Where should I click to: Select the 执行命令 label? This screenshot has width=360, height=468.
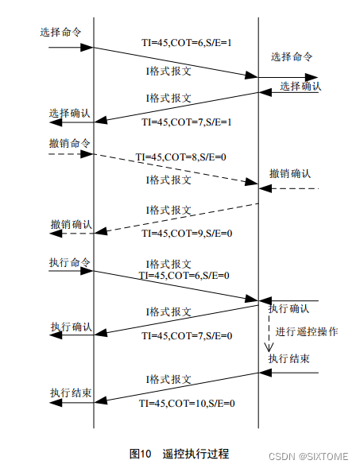70,261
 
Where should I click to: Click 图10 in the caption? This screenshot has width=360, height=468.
140,454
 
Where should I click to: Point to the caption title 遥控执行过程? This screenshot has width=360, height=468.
195,454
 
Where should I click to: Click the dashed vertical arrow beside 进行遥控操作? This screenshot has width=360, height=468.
269,334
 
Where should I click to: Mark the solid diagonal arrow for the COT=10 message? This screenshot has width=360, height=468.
175,387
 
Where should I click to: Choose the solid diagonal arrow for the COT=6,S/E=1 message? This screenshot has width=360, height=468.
175,62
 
